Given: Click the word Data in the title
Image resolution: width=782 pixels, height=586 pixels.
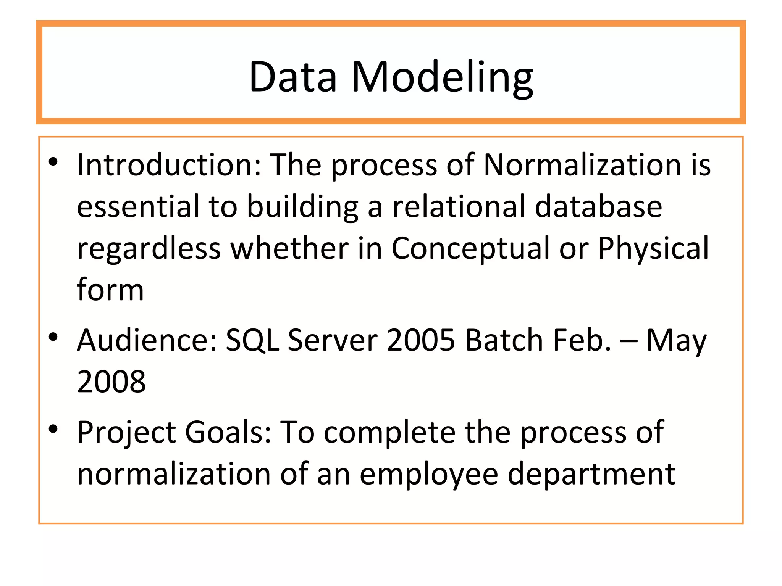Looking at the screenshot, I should [293, 77].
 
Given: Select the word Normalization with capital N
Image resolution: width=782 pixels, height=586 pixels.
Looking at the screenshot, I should [582, 165].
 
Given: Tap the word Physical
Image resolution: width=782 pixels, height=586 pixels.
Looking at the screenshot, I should [653, 249].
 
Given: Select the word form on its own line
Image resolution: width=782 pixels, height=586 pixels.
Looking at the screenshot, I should [110, 290].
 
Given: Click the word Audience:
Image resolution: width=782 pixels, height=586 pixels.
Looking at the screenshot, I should [147, 340].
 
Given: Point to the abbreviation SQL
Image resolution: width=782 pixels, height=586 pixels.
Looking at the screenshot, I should [252, 340].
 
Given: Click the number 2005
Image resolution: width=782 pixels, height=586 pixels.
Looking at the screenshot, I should [420, 340].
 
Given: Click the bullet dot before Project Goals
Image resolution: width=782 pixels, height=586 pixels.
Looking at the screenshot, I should [53, 429].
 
